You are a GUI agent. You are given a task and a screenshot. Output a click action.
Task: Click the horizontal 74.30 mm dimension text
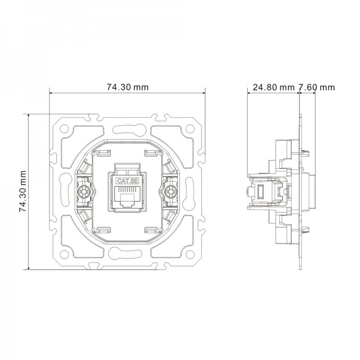tap(127, 87)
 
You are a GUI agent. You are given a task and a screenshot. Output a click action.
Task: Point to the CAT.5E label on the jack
tap(127, 181)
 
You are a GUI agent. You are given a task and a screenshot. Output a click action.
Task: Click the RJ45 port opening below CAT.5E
tap(127, 198)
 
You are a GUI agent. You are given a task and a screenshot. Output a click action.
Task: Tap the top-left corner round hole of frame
tap(64, 129)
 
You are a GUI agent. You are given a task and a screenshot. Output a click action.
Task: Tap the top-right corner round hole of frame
tap(190, 129)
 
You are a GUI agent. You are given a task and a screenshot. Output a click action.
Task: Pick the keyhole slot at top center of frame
tap(127, 129)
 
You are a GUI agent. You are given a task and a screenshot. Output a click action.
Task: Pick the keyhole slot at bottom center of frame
tap(127, 253)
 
